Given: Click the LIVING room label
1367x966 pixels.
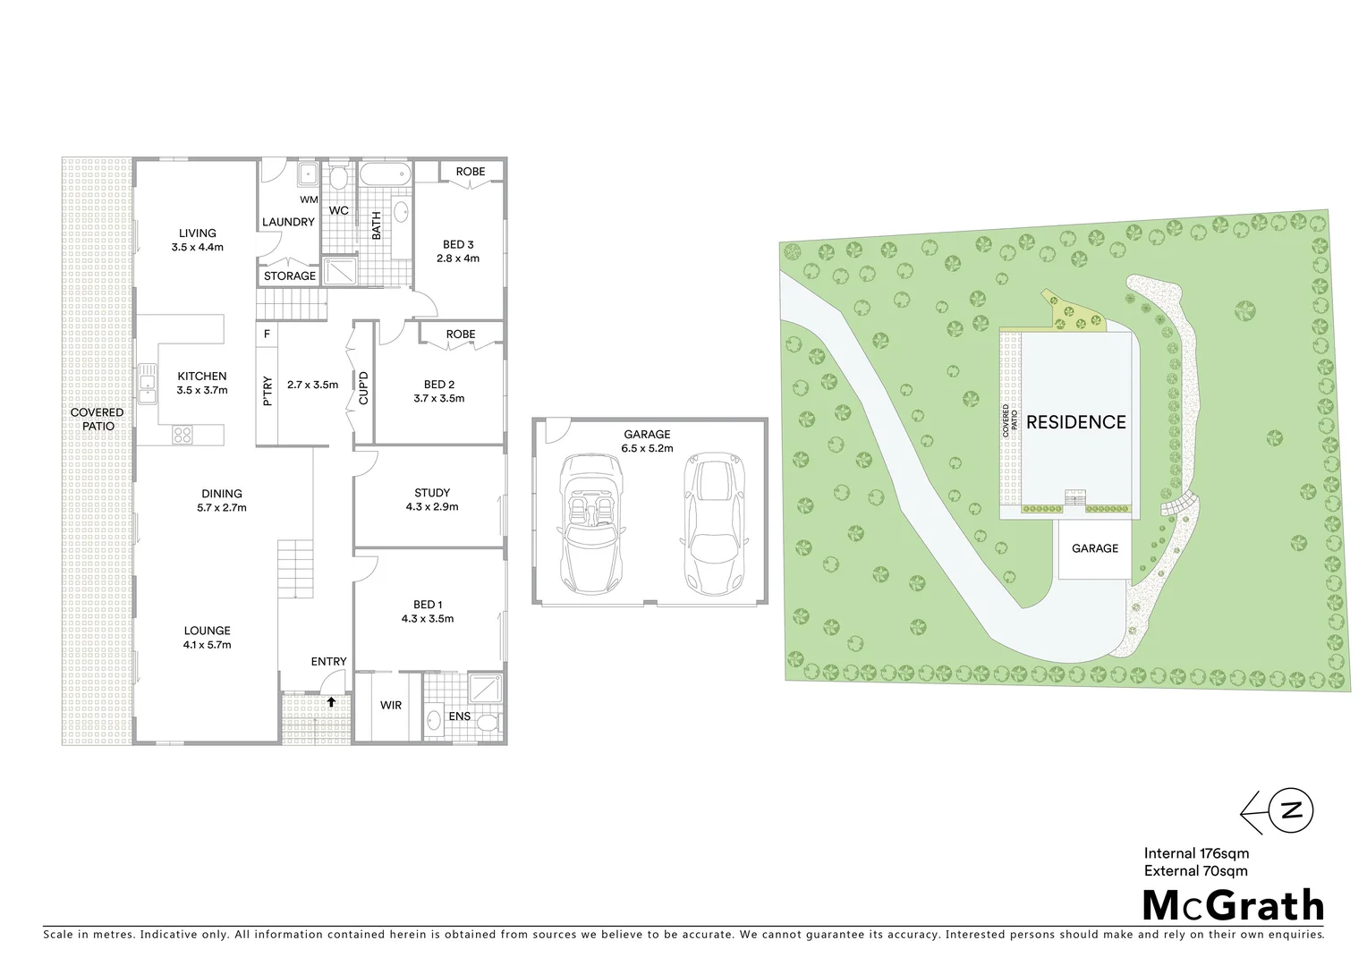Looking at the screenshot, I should pos(197,233).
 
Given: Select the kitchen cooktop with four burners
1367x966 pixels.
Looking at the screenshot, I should pos(183,435).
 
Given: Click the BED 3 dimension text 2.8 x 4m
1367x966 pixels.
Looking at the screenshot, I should pos(458,258).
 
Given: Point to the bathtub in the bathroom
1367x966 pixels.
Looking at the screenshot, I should pos(385,173).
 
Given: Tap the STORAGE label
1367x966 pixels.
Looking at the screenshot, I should pos(290,276).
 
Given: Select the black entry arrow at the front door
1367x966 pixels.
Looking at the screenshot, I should pos(331,702).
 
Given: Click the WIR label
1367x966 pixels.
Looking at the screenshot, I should pos(391,706).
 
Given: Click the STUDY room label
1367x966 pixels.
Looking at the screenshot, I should pos(432,493).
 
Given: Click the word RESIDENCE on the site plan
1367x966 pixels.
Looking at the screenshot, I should pos(1075,422).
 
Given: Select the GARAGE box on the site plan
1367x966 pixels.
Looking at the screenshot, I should pos(1094,549).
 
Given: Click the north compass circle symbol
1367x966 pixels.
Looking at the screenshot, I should pos(1292,811).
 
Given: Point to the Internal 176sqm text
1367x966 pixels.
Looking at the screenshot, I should pos(1196,853).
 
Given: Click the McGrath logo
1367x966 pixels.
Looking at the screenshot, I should pos(1234,906).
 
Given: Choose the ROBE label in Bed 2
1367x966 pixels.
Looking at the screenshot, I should pos(461,335).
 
